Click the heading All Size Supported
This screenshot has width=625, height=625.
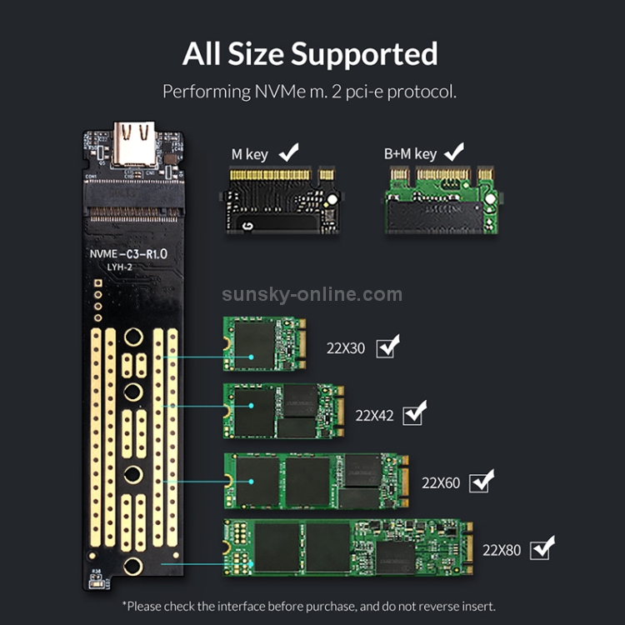click(310, 54)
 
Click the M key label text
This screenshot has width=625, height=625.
click(250, 154)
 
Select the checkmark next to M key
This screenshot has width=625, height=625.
click(289, 152)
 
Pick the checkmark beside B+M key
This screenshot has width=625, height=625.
click(454, 152)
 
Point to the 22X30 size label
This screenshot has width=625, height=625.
click(345, 348)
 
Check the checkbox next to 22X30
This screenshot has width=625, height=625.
click(387, 347)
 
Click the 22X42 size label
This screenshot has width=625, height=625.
click(374, 414)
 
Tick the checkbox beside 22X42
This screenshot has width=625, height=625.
click(414, 413)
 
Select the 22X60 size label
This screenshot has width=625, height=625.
click(441, 482)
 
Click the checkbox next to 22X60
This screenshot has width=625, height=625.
click(481, 482)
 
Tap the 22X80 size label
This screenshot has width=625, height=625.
click(502, 549)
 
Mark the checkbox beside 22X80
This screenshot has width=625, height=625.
click(542, 547)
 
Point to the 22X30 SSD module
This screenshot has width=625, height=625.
click(265, 343)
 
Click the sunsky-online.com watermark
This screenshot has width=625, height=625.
click(312, 294)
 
